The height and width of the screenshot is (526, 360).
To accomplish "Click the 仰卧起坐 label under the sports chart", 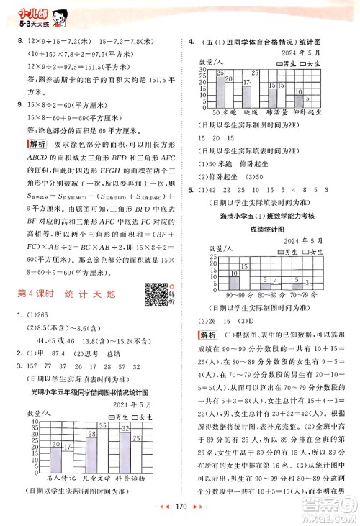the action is pos(312,113).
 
